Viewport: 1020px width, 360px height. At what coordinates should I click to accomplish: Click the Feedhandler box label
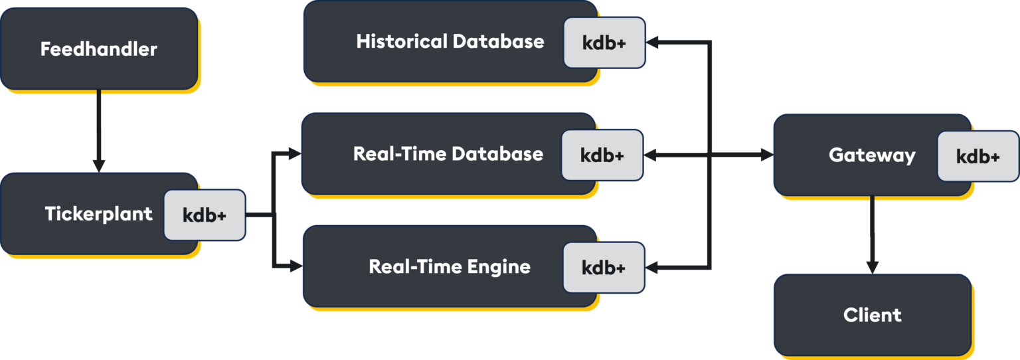(98, 49)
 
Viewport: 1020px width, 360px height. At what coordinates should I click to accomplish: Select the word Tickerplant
(98, 214)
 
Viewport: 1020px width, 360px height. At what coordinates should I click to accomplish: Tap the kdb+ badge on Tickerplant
(205, 215)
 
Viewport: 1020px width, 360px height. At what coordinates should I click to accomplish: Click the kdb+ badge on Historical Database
(604, 43)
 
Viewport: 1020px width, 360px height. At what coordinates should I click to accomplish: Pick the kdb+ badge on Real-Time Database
(602, 155)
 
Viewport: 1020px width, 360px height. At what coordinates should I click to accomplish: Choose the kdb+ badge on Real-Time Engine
(604, 268)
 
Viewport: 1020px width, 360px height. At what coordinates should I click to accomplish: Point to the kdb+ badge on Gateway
(977, 156)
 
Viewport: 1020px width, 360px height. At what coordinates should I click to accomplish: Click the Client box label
(872, 315)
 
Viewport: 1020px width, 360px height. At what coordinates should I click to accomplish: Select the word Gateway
(872, 155)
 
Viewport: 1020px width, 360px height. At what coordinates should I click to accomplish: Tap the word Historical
(401, 41)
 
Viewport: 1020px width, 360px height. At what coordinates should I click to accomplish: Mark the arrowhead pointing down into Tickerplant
(98, 166)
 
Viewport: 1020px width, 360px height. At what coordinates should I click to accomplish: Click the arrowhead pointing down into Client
(872, 267)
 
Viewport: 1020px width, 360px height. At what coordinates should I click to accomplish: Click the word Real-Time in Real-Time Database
(400, 154)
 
